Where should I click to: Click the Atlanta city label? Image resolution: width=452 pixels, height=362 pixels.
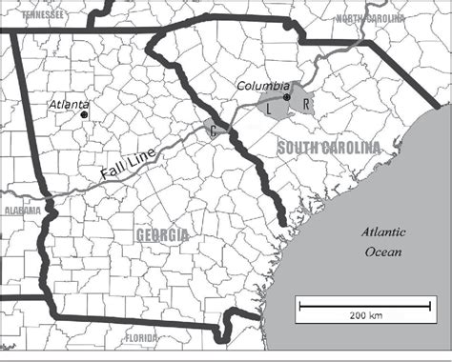[72, 103]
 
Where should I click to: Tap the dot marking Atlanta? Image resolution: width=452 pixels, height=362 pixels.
[84, 114]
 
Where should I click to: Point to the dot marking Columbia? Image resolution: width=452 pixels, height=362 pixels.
[286, 97]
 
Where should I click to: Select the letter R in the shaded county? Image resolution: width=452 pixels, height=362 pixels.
[304, 103]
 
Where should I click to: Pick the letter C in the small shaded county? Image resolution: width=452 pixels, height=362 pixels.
[212, 131]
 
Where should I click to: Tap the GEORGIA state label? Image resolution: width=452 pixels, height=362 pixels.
[162, 234]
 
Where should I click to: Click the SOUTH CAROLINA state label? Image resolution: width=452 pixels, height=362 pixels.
[328, 147]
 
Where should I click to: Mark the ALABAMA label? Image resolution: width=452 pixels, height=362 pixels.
[20, 210]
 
